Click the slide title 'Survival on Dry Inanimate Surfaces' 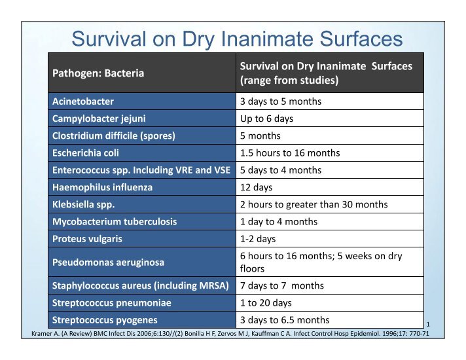click(237, 39)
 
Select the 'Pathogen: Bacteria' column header click(98, 73)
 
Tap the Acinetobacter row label click(83, 101)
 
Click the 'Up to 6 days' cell click(266, 118)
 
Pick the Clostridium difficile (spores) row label click(114, 136)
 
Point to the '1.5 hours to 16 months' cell click(290, 153)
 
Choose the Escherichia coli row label click(86, 153)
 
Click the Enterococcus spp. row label click(141, 170)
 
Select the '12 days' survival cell click(256, 187)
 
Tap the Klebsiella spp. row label click(84, 204)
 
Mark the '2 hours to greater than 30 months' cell click(314, 204)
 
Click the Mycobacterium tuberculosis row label click(115, 222)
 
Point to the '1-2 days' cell click(258, 239)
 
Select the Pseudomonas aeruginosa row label click(108, 262)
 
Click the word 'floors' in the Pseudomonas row click(252, 269)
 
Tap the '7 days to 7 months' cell click(281, 285)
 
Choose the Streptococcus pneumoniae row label click(112, 303)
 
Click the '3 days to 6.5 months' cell click(285, 320)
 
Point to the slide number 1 click(428, 324)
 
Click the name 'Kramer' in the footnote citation click(42, 334)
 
